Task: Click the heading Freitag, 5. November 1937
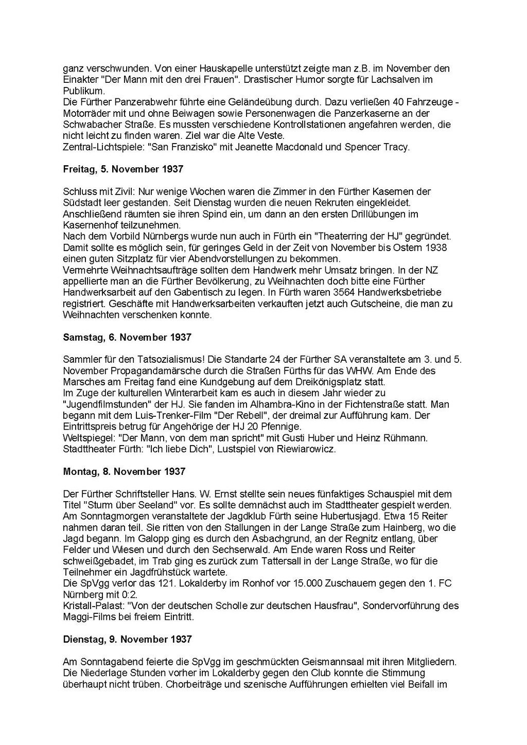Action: (123, 169)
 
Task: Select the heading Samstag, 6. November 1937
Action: (127, 338)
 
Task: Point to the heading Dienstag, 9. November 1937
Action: (127, 640)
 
